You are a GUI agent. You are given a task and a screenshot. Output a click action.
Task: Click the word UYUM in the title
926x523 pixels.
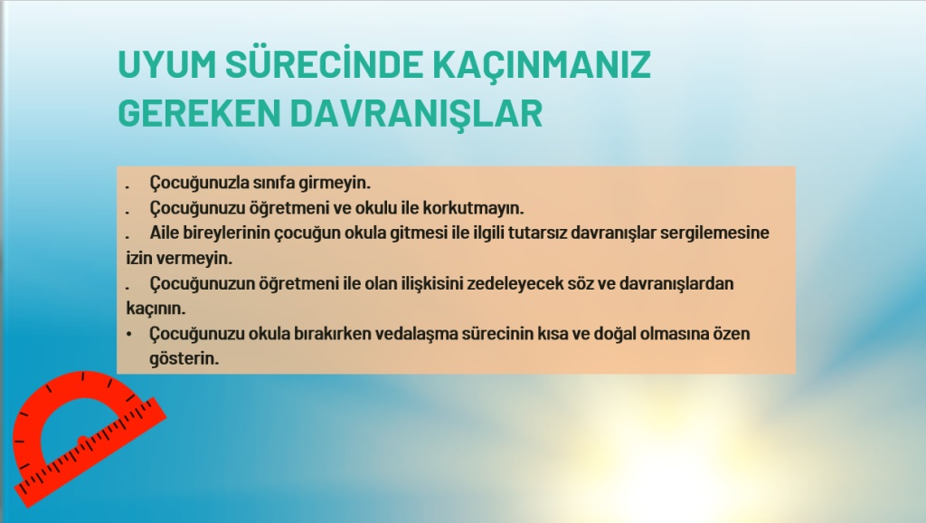[x=167, y=64]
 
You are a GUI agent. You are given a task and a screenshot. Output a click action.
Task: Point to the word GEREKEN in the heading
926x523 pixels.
[x=199, y=113]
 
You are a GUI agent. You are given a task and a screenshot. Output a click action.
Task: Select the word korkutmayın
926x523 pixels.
[x=473, y=208]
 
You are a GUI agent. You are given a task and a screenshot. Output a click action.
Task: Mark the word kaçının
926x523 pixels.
[x=156, y=309]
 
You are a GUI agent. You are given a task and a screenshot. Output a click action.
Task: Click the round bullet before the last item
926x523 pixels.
[x=128, y=334]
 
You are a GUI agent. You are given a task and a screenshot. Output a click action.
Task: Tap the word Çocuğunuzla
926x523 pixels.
[x=200, y=183]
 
